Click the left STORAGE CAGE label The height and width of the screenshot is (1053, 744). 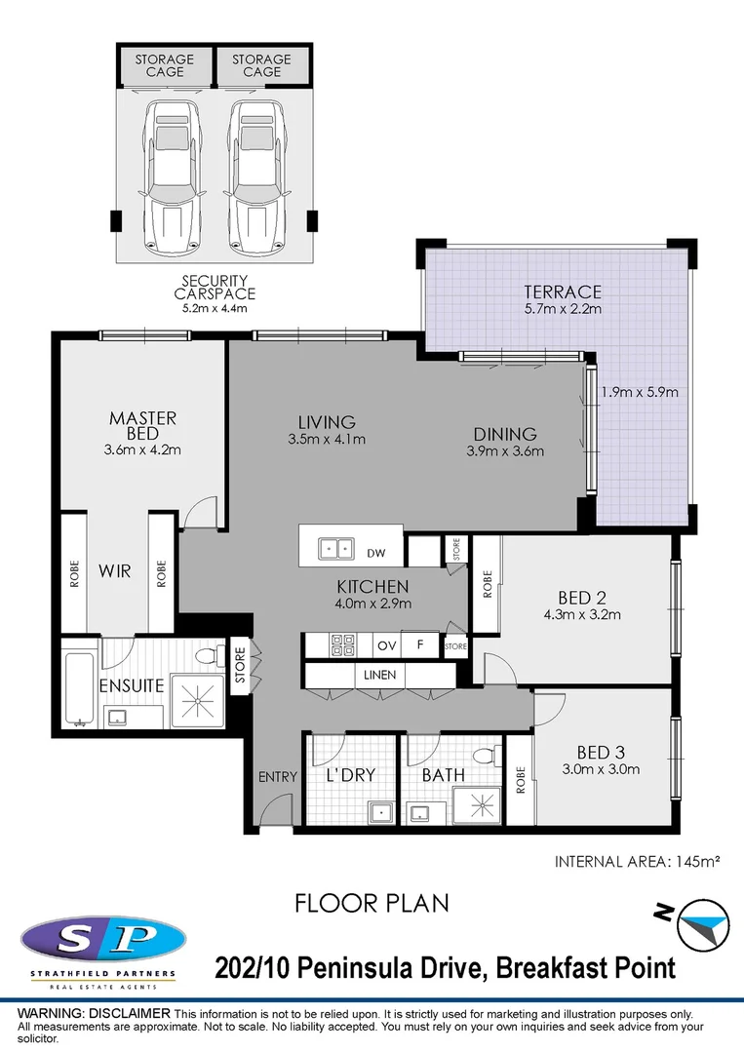click(x=164, y=65)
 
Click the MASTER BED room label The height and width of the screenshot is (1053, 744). click(x=142, y=425)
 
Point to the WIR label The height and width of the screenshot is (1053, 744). click(x=115, y=570)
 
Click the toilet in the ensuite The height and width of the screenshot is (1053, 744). click(x=208, y=660)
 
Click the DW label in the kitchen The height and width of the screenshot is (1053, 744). click(x=376, y=554)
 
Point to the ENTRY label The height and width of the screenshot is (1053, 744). click(x=277, y=776)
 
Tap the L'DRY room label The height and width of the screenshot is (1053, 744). click(x=350, y=776)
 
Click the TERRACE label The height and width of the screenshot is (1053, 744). click(x=562, y=292)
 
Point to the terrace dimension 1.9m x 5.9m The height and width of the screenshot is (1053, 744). click(x=639, y=393)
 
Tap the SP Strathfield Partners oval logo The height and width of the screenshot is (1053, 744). click(x=102, y=941)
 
